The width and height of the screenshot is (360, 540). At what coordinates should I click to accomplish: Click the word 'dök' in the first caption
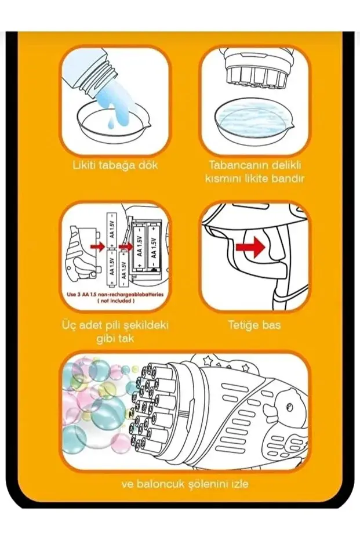coord(146,165)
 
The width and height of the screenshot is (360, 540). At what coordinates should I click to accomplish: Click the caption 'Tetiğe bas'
coord(254,325)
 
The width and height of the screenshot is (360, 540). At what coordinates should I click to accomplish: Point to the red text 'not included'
coord(115,300)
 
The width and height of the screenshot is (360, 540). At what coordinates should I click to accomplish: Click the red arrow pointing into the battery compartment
coord(126,247)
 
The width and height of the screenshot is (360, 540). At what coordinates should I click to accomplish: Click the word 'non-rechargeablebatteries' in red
coord(134,295)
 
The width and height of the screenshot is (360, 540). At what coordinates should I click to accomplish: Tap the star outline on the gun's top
coord(208,361)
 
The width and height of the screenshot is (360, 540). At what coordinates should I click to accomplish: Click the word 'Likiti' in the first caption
coord(84,165)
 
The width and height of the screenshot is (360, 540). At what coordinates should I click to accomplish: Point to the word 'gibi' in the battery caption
coord(104,339)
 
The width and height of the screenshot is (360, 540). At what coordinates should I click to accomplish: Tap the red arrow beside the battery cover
coord(98,247)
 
